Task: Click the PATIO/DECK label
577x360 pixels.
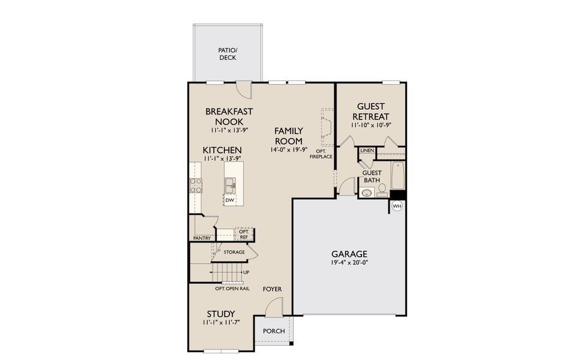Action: pos(228,54)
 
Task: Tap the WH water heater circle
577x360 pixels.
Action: pos(396,206)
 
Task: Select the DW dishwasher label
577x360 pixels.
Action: pos(229,200)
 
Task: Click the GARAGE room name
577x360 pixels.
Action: pos(349,254)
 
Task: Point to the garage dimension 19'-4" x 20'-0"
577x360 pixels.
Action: pos(349,263)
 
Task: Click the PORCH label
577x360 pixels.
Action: pos(274,331)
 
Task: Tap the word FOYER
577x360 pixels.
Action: pos(272,289)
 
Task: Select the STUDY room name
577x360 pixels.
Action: pos(220,314)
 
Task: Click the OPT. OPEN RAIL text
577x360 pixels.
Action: pos(232,289)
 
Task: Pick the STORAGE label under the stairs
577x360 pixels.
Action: pos(234,252)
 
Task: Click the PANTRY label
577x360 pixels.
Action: pos(202,238)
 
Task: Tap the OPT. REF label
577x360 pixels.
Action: pos(243,234)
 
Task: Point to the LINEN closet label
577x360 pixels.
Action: pos(367,150)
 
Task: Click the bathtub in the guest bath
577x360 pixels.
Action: pos(397,175)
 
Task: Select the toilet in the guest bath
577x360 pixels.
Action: pos(382,190)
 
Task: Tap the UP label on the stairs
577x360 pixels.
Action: pos(246,272)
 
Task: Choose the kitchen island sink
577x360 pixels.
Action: pos(231,187)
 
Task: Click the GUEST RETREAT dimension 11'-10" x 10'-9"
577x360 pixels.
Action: pos(370,125)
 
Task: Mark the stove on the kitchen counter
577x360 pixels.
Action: pos(196,185)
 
